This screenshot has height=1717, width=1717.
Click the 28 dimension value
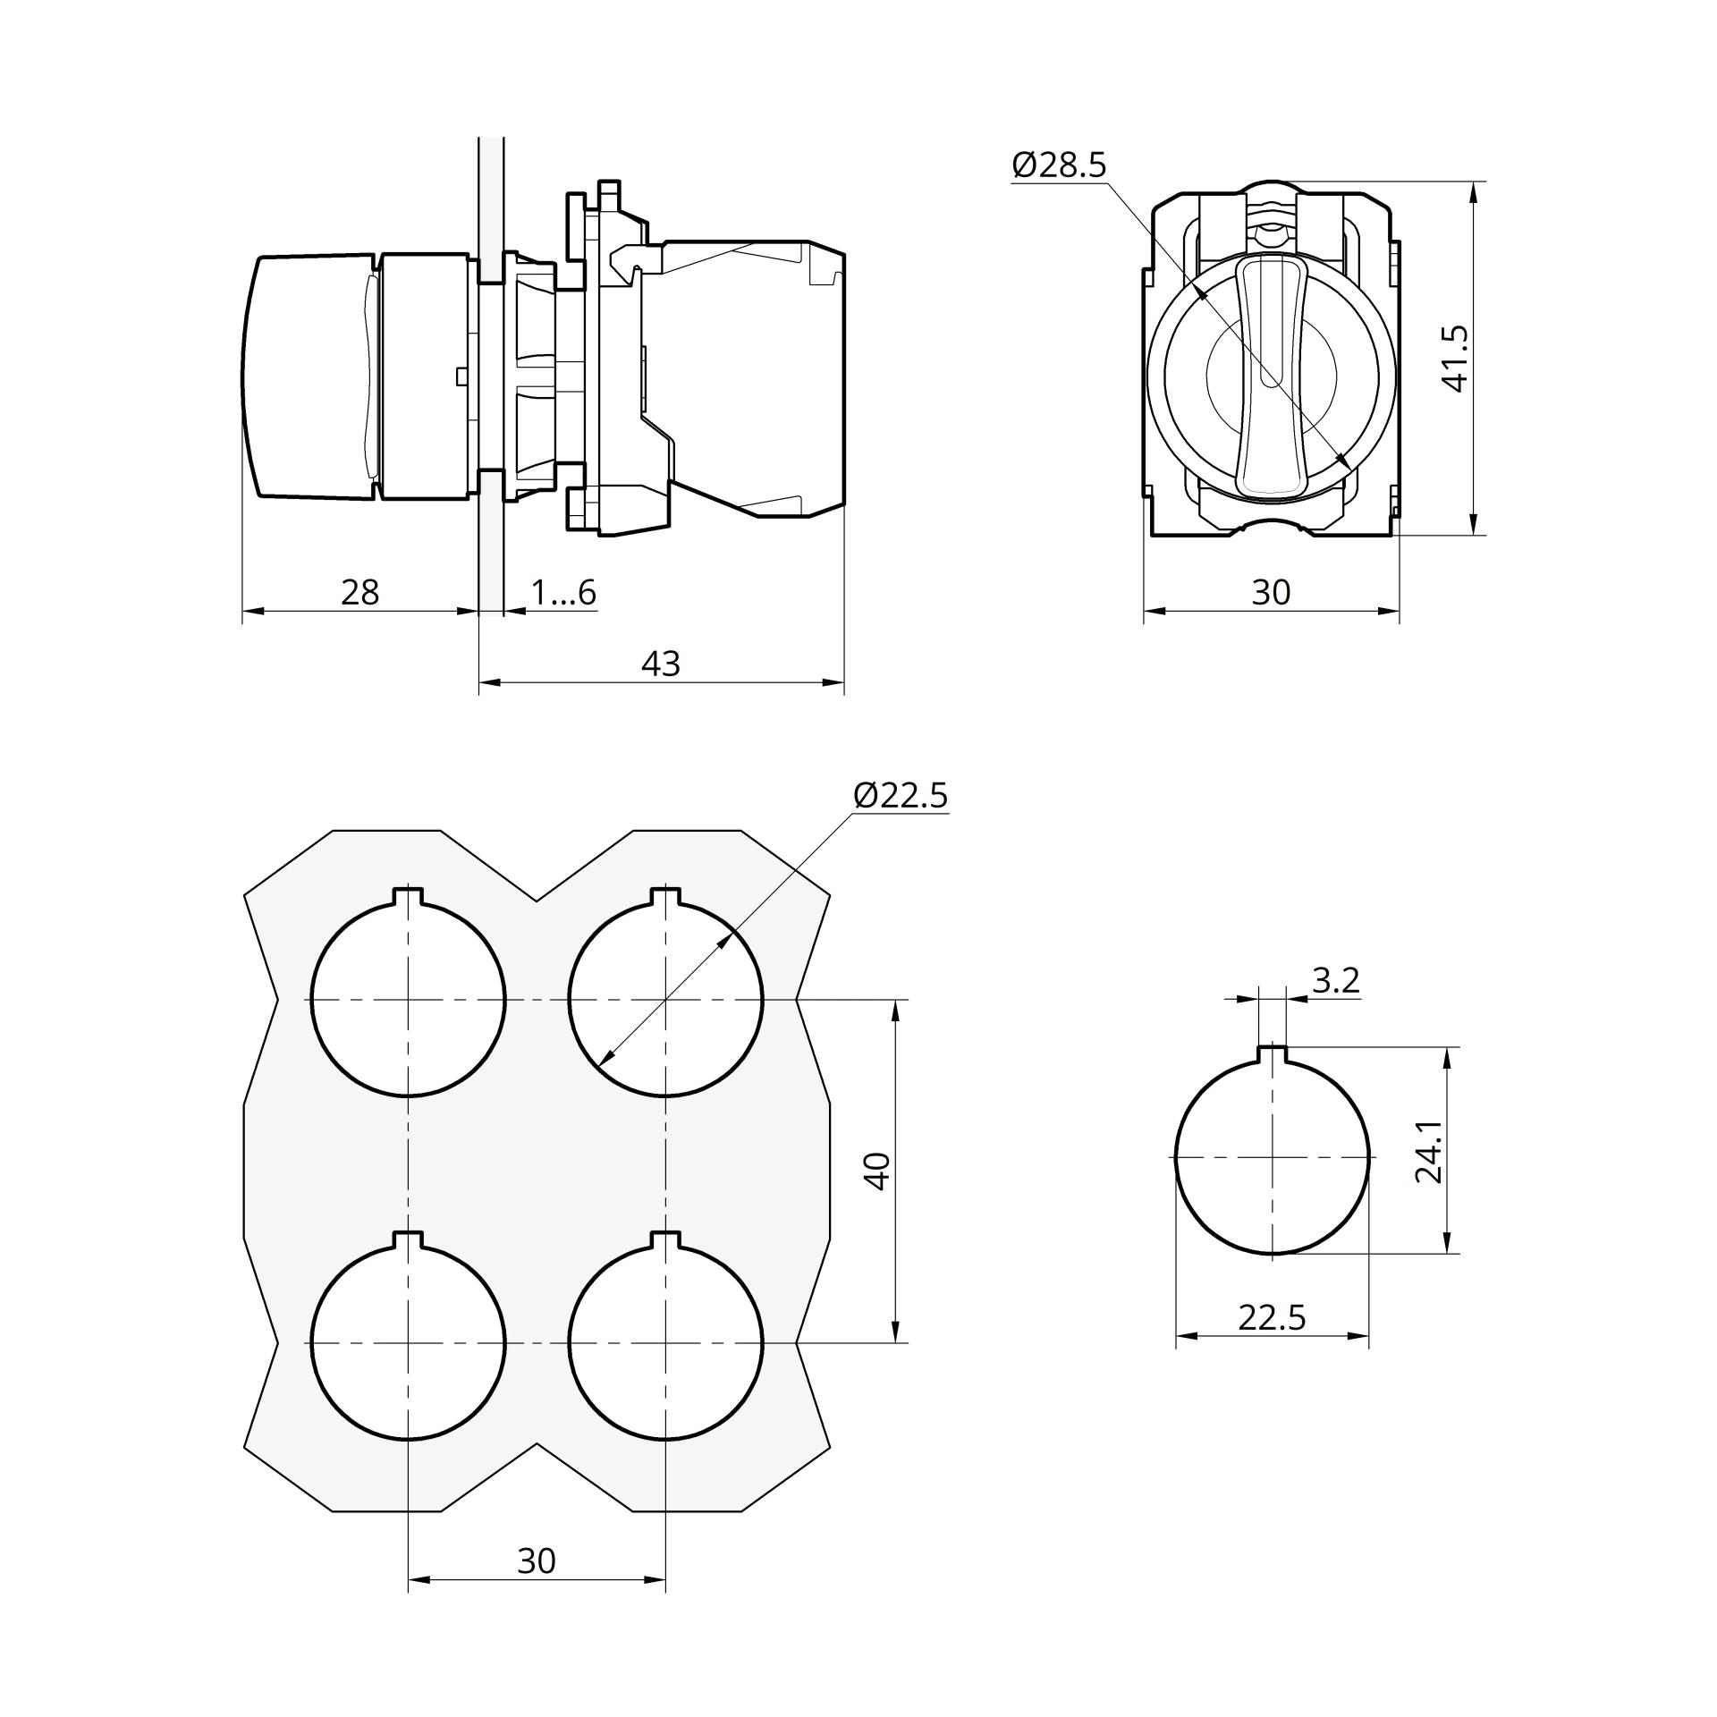[359, 592]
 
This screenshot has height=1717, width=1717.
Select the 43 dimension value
[661, 664]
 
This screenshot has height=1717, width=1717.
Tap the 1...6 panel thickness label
[563, 592]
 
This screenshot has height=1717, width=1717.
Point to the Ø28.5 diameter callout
[1059, 165]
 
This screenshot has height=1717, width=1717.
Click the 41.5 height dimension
[1455, 359]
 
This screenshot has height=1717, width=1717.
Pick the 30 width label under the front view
[1271, 592]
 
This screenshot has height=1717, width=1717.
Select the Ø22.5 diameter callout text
[901, 794]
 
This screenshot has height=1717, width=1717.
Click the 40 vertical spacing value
[879, 1171]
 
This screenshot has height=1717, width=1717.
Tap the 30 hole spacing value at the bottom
[537, 1561]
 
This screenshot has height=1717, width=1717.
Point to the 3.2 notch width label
[1336, 980]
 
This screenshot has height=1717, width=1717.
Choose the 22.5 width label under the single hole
[1272, 1317]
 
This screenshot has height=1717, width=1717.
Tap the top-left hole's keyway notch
[408, 896]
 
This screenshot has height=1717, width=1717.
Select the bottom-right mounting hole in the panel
[665, 1341]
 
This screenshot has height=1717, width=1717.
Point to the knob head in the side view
[309, 375]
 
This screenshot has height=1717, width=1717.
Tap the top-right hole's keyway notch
[665, 896]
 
